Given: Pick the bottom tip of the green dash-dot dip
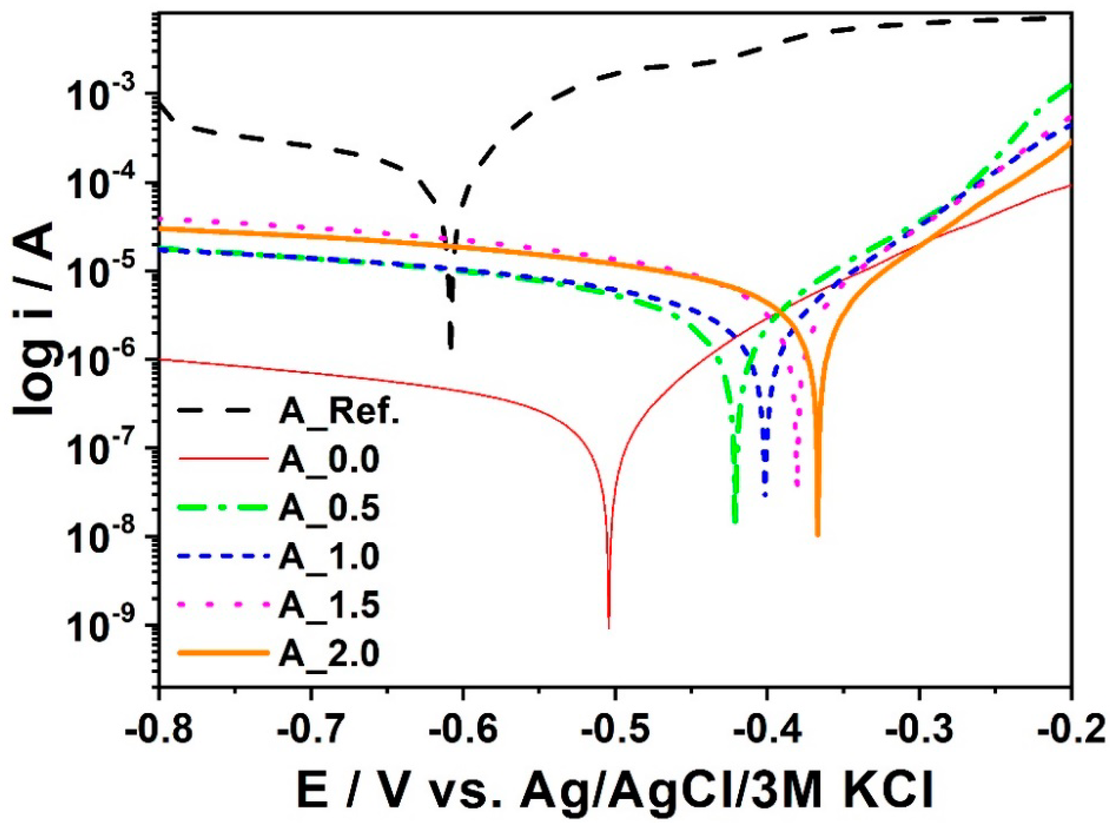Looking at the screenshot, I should click(x=735, y=522).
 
